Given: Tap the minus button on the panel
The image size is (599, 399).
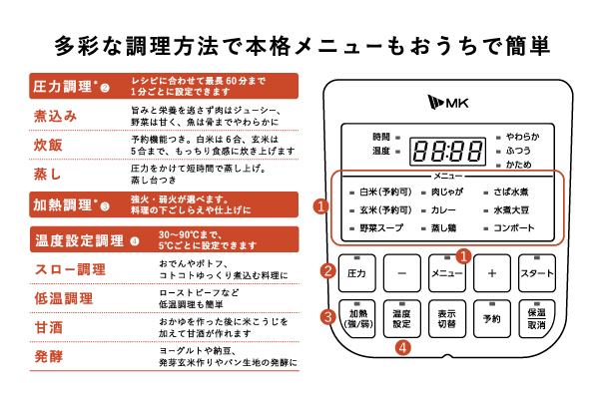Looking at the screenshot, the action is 402,273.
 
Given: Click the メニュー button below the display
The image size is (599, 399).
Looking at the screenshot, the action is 447,273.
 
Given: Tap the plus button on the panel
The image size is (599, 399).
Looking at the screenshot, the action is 492,273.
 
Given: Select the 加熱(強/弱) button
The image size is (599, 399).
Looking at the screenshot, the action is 356,319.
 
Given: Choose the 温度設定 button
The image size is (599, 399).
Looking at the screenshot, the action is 402,319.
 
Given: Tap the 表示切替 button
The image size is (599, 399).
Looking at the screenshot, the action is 447,319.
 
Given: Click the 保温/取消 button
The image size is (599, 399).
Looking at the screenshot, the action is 537,319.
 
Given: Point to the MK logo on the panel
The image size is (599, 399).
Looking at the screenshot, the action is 447,102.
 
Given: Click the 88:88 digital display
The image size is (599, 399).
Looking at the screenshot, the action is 447,152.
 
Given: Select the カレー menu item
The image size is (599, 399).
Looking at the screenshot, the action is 443,210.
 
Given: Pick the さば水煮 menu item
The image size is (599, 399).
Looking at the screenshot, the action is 511,193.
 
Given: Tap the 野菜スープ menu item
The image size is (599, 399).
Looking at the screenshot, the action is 381,228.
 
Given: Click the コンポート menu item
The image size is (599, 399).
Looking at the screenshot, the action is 514,228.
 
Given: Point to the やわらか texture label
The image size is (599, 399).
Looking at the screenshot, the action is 522,137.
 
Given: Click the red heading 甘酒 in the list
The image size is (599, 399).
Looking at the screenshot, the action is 49,328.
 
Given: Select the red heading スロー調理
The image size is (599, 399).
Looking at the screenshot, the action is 70,269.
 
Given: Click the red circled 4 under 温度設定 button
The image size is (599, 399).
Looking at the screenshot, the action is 403,348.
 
